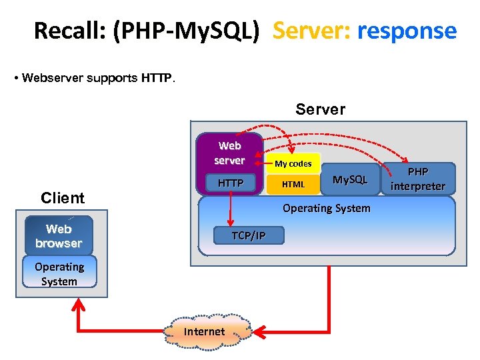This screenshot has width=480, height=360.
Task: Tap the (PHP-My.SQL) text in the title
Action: tap(185, 31)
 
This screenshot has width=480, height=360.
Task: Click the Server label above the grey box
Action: tap(320, 109)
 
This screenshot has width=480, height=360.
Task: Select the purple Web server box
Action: tap(229, 153)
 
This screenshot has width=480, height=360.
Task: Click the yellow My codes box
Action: tap(293, 163)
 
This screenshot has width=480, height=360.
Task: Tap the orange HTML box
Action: tap(293, 184)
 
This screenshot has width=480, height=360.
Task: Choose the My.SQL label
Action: tap(350, 179)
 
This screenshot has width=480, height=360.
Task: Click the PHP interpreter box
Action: tap(418, 179)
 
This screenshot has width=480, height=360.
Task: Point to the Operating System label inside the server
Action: tap(326, 208)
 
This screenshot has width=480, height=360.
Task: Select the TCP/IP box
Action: tap(248, 235)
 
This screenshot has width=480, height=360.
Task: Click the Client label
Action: tap(63, 198)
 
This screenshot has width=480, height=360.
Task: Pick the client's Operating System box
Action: tap(59, 273)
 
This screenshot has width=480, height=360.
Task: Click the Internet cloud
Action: tap(204, 331)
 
